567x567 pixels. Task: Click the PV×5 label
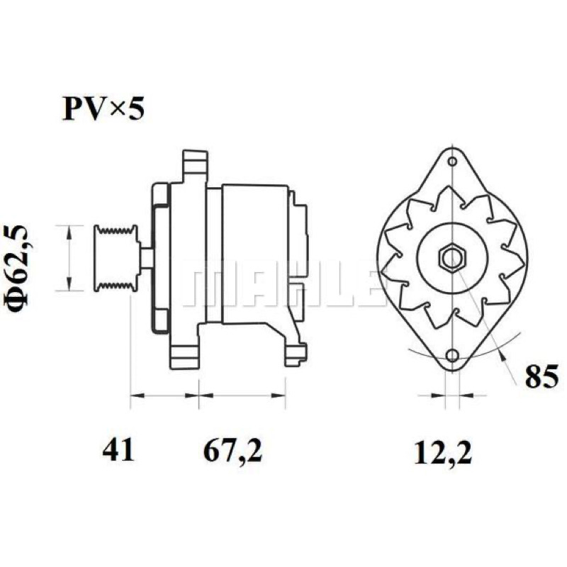[103, 108]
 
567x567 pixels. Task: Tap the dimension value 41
[118, 451]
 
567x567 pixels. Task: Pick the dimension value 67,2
[233, 452]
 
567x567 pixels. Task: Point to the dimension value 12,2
[443, 453]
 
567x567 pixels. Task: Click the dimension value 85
[541, 376]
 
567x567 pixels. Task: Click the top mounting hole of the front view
[452, 161]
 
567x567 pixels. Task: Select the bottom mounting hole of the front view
[452, 356]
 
